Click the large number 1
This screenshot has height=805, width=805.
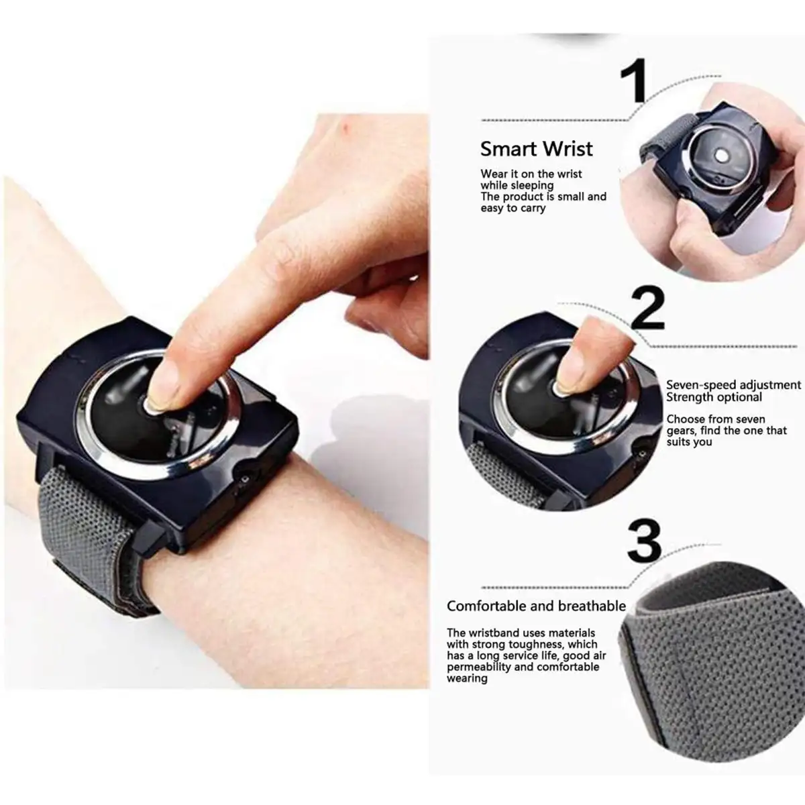[x=633, y=80]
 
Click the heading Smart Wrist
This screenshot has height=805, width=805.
[x=537, y=149]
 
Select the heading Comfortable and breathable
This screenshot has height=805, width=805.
[x=537, y=606]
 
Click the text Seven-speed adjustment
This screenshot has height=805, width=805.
[x=734, y=385]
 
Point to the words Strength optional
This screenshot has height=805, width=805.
[x=714, y=397]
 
